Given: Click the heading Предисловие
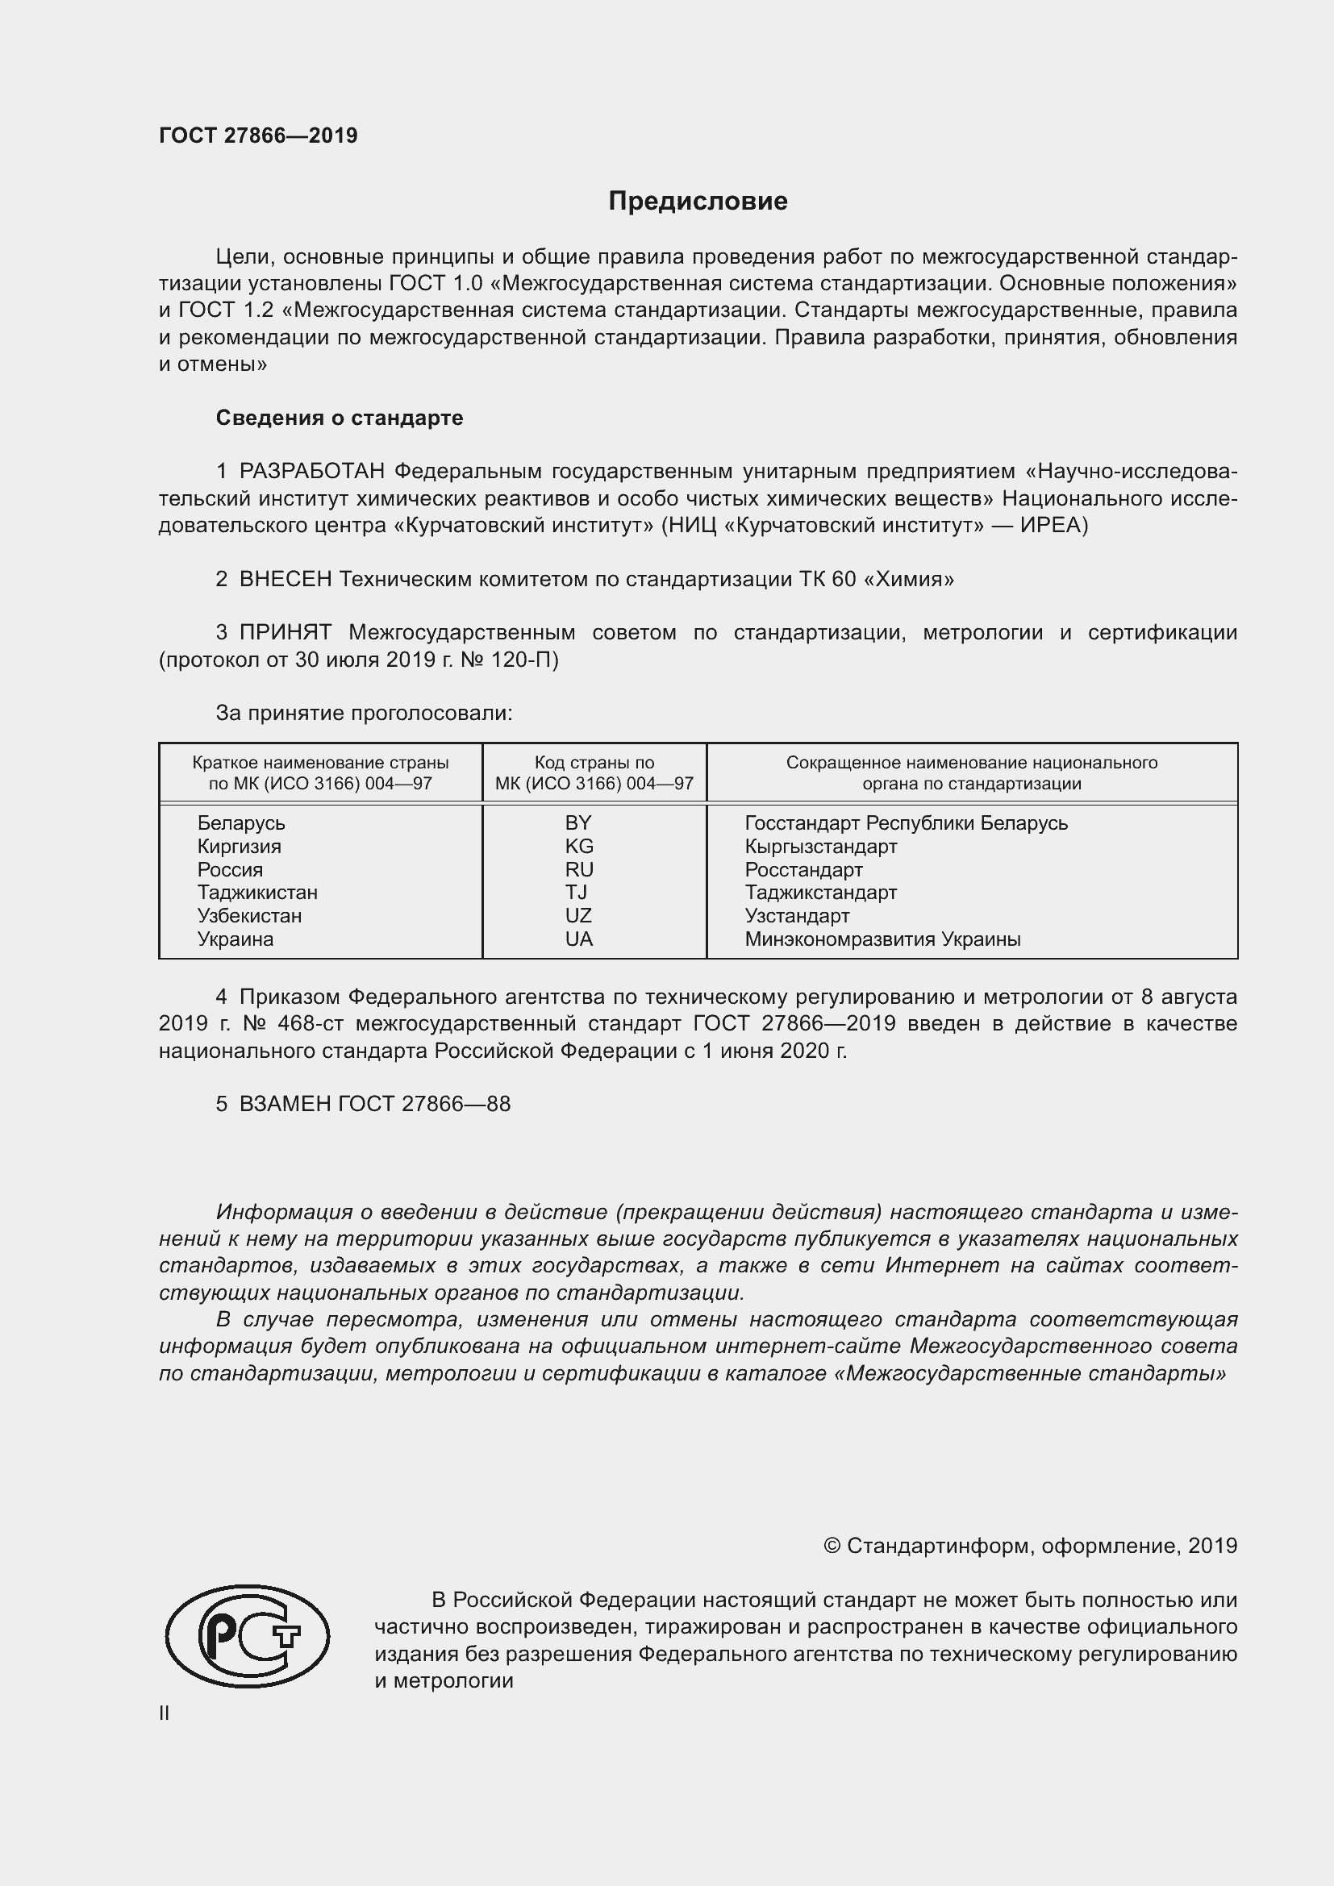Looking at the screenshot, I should point(698,202).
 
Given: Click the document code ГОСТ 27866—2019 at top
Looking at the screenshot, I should point(258,135).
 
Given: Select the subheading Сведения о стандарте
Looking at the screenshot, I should point(340,418).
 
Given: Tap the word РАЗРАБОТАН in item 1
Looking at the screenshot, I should point(312,472).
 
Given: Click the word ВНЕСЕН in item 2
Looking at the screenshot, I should point(285,579).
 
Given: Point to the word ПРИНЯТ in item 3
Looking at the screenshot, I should point(285,632).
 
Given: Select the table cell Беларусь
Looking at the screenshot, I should point(240,823).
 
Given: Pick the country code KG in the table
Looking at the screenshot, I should point(579,846).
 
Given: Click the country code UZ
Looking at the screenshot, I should point(578,916).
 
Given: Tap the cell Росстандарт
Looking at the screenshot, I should point(803,870).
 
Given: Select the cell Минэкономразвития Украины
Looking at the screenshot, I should point(882,939).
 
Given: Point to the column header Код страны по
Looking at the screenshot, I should point(594,762).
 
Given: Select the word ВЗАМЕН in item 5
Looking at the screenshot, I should point(285,1104).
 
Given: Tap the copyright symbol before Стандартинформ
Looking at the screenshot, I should point(832,1546).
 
